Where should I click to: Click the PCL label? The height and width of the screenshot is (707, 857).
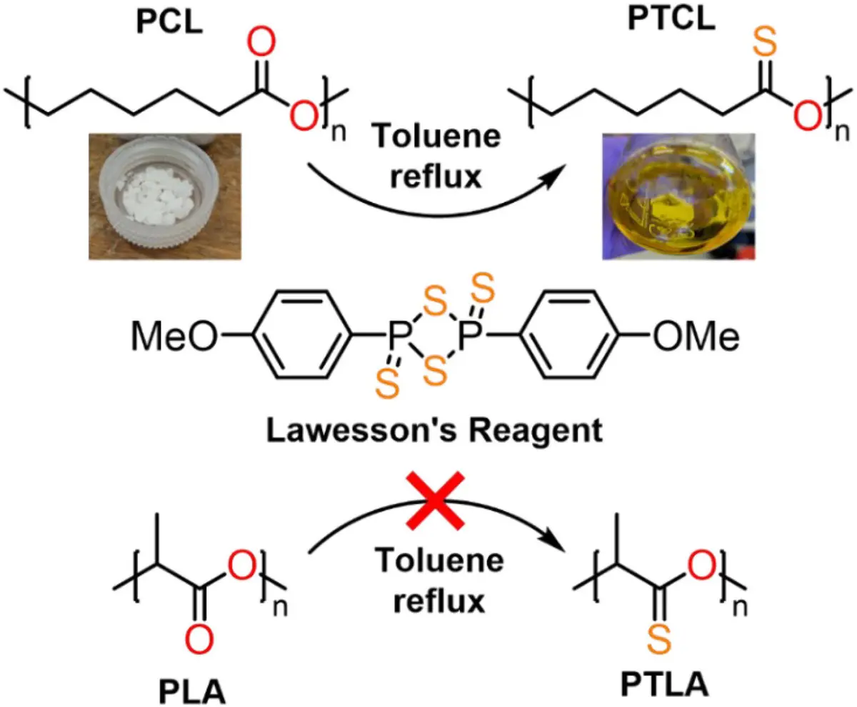169,21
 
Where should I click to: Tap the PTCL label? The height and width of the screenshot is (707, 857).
672,19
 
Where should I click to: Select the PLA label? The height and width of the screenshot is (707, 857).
192,692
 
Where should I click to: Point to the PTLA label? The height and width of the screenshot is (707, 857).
664,684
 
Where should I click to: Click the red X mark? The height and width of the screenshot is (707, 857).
435,501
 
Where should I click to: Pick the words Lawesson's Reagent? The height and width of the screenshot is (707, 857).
435,431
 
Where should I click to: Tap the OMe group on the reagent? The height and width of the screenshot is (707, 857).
696,336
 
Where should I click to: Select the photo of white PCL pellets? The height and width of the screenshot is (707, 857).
165,196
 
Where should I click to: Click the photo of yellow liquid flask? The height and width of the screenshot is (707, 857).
678,196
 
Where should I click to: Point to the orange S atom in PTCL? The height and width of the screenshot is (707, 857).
765,41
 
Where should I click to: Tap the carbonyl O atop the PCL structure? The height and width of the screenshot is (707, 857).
261,41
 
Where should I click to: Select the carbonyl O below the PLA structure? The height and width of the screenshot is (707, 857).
199,639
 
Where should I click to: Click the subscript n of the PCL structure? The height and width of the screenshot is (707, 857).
339,132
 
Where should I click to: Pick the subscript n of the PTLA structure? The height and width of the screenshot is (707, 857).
740,607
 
